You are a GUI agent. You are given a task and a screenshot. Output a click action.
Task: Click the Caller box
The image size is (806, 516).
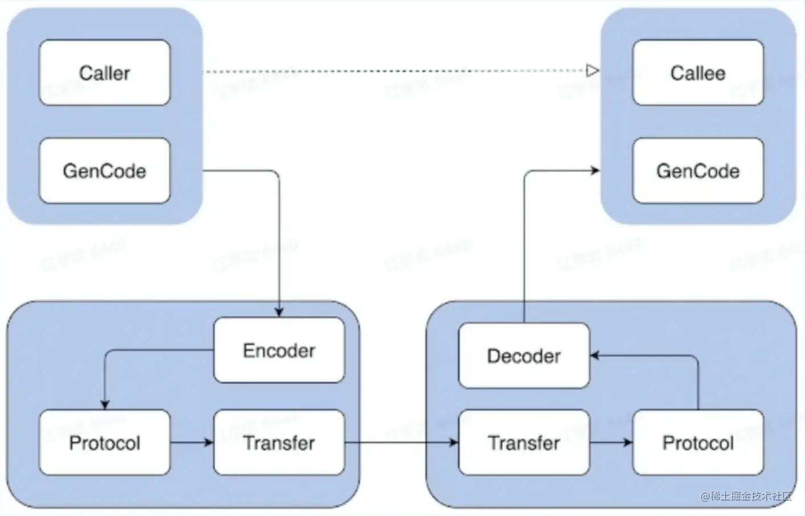click(x=104, y=73)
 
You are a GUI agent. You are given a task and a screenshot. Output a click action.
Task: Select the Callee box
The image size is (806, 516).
click(x=698, y=73)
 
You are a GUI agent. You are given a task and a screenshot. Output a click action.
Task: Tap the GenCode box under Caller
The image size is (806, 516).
click(x=104, y=171)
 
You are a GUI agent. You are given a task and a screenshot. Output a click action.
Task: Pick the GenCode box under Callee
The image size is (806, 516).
click(x=698, y=171)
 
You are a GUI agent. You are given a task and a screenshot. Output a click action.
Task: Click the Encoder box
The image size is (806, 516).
click(x=279, y=350)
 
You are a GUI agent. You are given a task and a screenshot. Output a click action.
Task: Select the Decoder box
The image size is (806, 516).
click(x=524, y=356)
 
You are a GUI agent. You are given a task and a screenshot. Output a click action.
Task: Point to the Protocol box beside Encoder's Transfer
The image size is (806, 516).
click(x=104, y=443)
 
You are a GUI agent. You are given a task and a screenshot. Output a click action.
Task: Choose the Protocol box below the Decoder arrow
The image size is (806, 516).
click(x=698, y=443)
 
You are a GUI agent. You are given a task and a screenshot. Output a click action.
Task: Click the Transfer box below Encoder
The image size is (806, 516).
click(x=279, y=443)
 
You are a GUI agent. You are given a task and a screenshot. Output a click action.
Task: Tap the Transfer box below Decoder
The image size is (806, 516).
click(x=524, y=443)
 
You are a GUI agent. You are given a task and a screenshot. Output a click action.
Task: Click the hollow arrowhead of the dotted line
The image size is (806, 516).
click(x=593, y=71)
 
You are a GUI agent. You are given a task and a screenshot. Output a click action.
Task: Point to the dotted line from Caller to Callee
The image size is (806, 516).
click(x=393, y=71)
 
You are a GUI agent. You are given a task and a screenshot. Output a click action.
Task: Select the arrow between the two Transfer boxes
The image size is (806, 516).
click(x=401, y=443)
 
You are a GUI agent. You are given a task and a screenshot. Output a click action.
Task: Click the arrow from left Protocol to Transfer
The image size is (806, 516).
click(x=192, y=443)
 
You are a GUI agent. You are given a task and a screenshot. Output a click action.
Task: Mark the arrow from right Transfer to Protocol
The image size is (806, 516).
click(x=611, y=443)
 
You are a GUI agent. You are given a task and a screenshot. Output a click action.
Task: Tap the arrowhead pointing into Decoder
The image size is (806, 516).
click(x=595, y=355)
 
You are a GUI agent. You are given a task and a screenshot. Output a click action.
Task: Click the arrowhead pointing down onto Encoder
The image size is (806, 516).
click(x=279, y=312)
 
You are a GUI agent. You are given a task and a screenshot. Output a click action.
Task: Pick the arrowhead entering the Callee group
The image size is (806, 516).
click(x=595, y=170)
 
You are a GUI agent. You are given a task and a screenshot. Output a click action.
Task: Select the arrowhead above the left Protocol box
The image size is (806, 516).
click(x=104, y=404)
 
